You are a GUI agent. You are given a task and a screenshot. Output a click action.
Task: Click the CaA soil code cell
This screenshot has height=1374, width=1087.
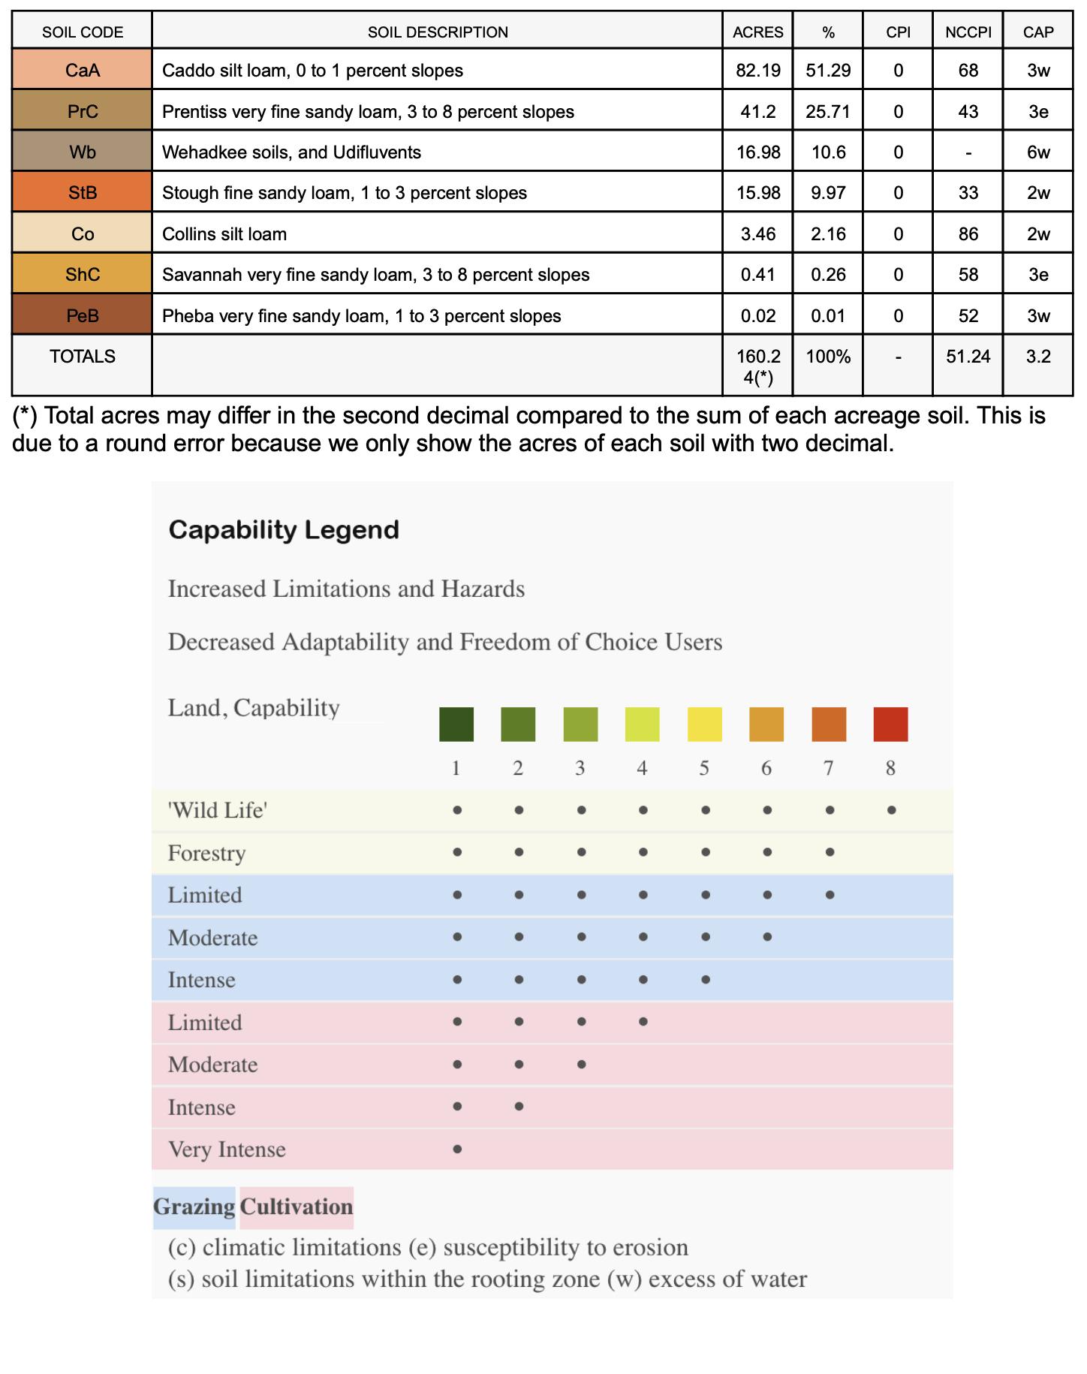(83, 71)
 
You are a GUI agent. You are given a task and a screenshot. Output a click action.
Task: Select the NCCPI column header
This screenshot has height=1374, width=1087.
(968, 32)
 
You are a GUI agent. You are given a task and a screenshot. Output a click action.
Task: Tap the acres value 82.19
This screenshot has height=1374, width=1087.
(758, 71)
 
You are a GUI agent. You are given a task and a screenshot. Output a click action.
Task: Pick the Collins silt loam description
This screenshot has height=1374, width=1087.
(224, 234)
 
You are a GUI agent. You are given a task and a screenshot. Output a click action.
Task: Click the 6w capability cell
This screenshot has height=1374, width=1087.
(1038, 152)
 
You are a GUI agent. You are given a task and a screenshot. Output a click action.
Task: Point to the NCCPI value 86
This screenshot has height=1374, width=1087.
(968, 234)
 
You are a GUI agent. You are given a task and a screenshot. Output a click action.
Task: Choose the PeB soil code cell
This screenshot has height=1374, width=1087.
(83, 316)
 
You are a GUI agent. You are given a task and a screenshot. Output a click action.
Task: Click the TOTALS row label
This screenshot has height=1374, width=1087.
(83, 357)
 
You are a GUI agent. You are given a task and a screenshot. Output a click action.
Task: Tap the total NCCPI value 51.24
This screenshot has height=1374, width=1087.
(968, 357)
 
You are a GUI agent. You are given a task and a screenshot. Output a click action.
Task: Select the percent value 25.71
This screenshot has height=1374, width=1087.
(828, 112)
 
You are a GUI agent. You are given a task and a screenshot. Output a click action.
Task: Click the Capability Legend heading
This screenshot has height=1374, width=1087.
(284, 530)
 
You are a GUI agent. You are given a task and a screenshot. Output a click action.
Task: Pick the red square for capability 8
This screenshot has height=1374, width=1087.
(890, 725)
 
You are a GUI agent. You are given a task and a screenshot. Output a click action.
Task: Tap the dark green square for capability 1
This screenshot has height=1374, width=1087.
(456, 725)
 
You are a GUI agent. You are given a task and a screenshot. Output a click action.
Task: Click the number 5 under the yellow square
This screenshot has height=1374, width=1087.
(704, 768)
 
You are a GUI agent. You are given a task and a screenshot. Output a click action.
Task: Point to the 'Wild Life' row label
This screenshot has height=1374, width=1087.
(218, 811)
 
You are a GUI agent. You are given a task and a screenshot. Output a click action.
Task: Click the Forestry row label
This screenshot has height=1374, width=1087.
(207, 854)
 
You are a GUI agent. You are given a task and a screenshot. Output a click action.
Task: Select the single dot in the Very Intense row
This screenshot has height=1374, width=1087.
(457, 1149)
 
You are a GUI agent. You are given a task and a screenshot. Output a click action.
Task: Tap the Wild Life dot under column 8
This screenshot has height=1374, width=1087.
(891, 811)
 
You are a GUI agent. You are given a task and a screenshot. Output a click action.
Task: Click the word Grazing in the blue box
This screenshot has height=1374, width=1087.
(194, 1207)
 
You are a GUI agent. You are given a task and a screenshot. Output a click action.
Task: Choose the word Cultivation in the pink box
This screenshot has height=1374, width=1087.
(297, 1207)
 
